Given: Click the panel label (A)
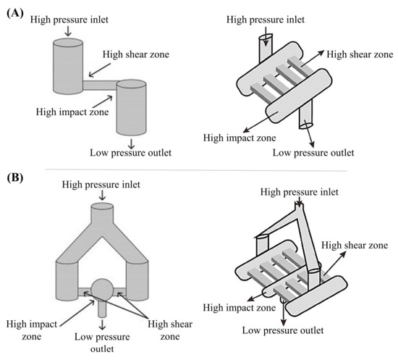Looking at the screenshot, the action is [x=15, y=13].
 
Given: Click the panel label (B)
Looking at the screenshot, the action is [x=15, y=177].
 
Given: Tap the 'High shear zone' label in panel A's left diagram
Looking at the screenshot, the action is [x=136, y=54].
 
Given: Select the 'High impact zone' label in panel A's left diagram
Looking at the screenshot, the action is [x=72, y=112].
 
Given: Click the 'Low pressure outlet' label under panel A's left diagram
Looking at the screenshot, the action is [x=131, y=153].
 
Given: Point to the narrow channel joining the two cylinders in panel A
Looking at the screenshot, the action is [x=101, y=85].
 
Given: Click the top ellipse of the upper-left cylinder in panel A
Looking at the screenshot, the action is [x=68, y=43].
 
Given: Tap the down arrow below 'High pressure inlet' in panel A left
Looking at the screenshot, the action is [x=68, y=31].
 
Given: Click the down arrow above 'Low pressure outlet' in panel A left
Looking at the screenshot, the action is [x=131, y=144].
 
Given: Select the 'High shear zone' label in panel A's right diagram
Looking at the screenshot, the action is [x=360, y=54].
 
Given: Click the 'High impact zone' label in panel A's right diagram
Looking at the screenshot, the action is [x=240, y=138].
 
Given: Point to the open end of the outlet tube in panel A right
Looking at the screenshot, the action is [x=306, y=126].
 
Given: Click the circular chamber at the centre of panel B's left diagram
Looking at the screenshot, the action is [x=102, y=290].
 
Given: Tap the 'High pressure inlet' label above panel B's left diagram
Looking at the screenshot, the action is [x=101, y=185].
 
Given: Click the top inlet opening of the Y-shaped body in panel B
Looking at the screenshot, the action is [x=102, y=206].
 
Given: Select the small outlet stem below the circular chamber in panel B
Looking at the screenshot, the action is [x=102, y=308].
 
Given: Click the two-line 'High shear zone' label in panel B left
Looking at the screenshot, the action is [x=170, y=330].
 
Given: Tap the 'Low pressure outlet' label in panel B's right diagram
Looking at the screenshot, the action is [x=283, y=330].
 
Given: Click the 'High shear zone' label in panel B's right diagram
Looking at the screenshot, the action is [x=355, y=245].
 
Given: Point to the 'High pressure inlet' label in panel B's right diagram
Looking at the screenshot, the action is [x=300, y=192].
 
